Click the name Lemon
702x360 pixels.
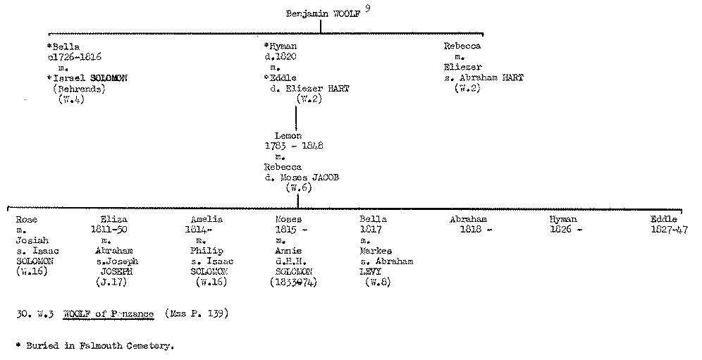pyautogui.click(x=288, y=135)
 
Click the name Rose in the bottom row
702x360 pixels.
pyautogui.click(x=27, y=220)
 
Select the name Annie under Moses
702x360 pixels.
pyautogui.click(x=288, y=251)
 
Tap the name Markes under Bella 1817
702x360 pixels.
pyautogui.click(x=376, y=251)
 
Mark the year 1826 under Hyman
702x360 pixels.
pyautogui.click(x=565, y=230)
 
